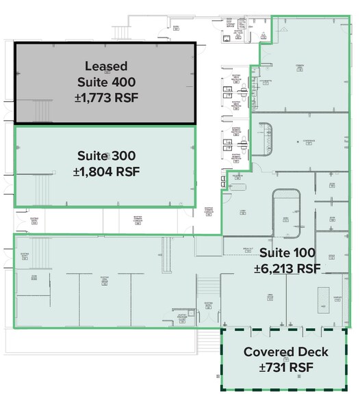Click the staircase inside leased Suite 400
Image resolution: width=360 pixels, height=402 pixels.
(x=42, y=109)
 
